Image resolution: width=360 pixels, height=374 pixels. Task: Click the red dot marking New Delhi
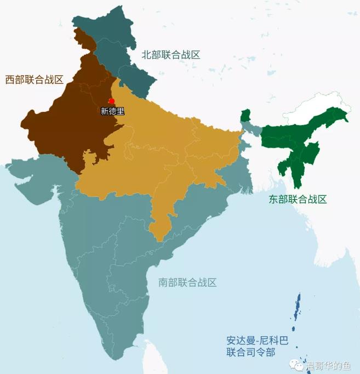112,101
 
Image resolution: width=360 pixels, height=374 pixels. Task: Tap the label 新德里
112,111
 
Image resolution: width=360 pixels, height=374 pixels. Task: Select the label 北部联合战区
171,55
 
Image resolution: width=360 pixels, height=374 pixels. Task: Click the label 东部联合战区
298,200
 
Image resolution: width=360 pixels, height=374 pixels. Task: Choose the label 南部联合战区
187,282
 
